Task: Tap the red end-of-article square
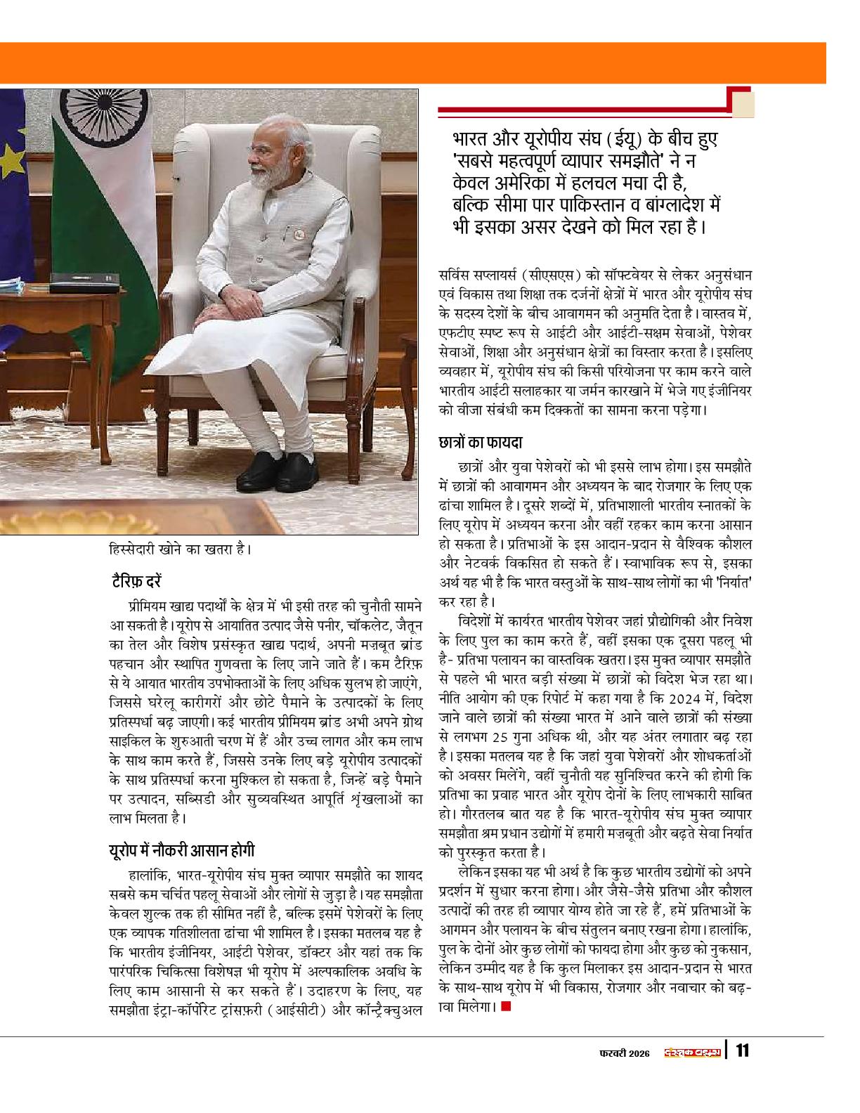click(x=507, y=1008)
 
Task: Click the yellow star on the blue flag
click(x=12, y=150)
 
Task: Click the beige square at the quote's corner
click(x=743, y=105)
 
